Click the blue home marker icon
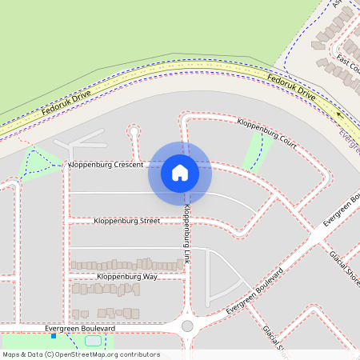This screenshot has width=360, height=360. [180, 172]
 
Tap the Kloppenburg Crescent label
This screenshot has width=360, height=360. [106, 165]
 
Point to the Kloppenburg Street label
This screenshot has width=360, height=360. [126, 221]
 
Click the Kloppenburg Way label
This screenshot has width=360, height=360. [127, 277]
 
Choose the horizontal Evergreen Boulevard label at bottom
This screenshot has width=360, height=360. [80, 329]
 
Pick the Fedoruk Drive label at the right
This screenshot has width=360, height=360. [293, 87]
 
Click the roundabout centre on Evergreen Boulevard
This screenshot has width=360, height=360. [187, 326]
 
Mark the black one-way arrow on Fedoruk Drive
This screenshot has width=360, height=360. [338, 115]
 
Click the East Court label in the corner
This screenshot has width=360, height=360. [349, 62]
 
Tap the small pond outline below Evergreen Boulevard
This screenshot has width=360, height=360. [93, 342]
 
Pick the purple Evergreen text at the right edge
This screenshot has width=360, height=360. [349, 142]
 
